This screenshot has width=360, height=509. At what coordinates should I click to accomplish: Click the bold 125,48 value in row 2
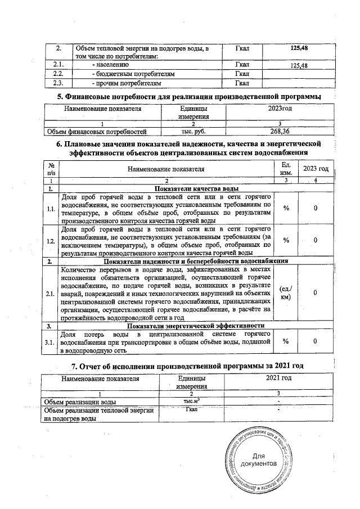(298, 49)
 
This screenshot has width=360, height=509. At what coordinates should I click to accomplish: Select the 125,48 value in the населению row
(298, 66)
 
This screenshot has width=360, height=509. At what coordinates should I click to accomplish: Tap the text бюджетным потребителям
(134, 74)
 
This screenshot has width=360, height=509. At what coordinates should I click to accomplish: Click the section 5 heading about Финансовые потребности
(190, 97)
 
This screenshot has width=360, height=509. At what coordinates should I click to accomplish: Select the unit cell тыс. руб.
(193, 132)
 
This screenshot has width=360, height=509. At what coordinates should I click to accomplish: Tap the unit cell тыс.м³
(193, 402)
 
